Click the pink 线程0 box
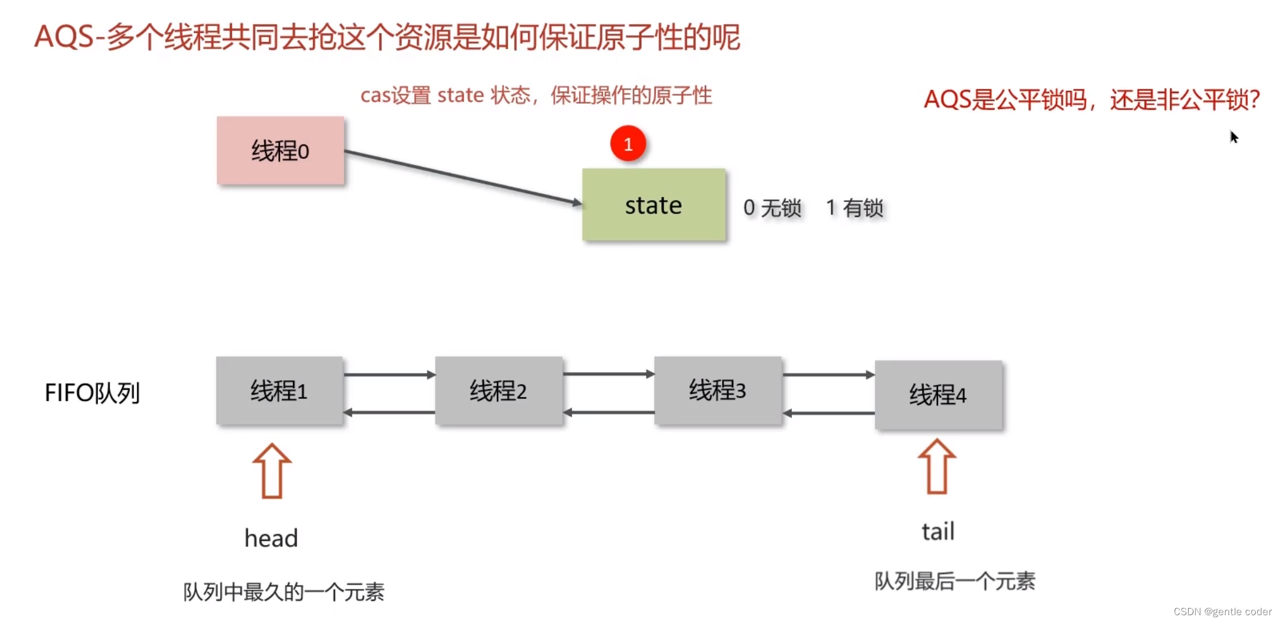point(280,151)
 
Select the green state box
point(653,205)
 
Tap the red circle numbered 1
point(628,144)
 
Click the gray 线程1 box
point(279,391)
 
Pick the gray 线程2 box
point(498,391)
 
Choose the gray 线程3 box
point(718,390)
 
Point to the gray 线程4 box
point(938,395)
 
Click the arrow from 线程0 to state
point(462,177)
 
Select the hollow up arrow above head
point(272,471)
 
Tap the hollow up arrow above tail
point(937,467)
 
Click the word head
point(271,538)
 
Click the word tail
point(938,531)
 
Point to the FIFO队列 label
point(92,393)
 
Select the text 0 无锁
point(772,208)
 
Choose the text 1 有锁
point(854,208)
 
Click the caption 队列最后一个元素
point(954,581)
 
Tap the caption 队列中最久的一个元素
point(284,592)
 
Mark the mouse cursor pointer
point(1234,137)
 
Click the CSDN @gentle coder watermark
point(1222,612)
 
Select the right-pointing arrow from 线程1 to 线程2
point(389,375)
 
